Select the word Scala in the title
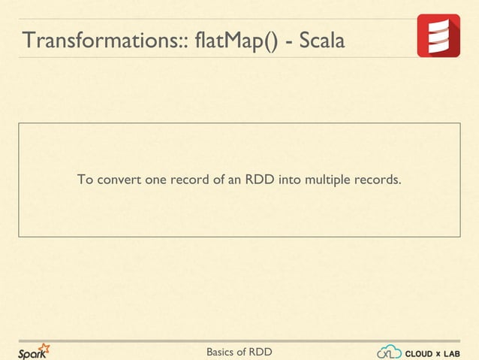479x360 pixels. (x=322, y=41)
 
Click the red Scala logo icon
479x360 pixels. (x=438, y=35)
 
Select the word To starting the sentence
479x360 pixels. (x=85, y=180)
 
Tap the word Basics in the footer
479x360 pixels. (x=223, y=352)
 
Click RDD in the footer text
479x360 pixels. (x=260, y=352)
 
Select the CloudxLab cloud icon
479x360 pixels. (x=390, y=352)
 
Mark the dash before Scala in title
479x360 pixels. (x=289, y=41)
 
